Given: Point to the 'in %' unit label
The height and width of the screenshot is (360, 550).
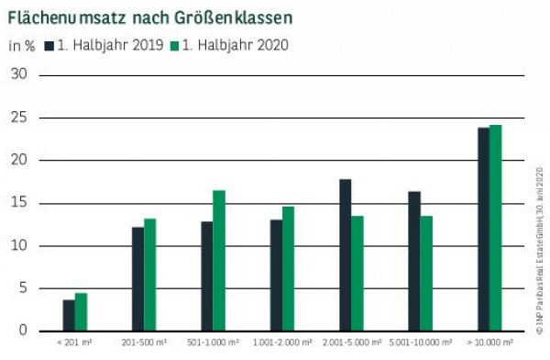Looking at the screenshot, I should (22, 44).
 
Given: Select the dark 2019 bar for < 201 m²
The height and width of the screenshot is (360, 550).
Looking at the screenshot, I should (69, 315).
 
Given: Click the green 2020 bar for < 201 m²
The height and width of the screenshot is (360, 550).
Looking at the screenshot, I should (81, 312).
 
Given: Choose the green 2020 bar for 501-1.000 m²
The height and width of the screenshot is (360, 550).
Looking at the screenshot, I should (218, 261).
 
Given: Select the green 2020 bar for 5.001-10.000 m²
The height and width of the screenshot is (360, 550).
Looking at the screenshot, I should (425, 274).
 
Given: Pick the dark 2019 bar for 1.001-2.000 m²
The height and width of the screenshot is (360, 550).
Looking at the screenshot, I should (276, 276).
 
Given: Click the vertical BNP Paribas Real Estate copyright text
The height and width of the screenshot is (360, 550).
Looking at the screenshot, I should (539, 248).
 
